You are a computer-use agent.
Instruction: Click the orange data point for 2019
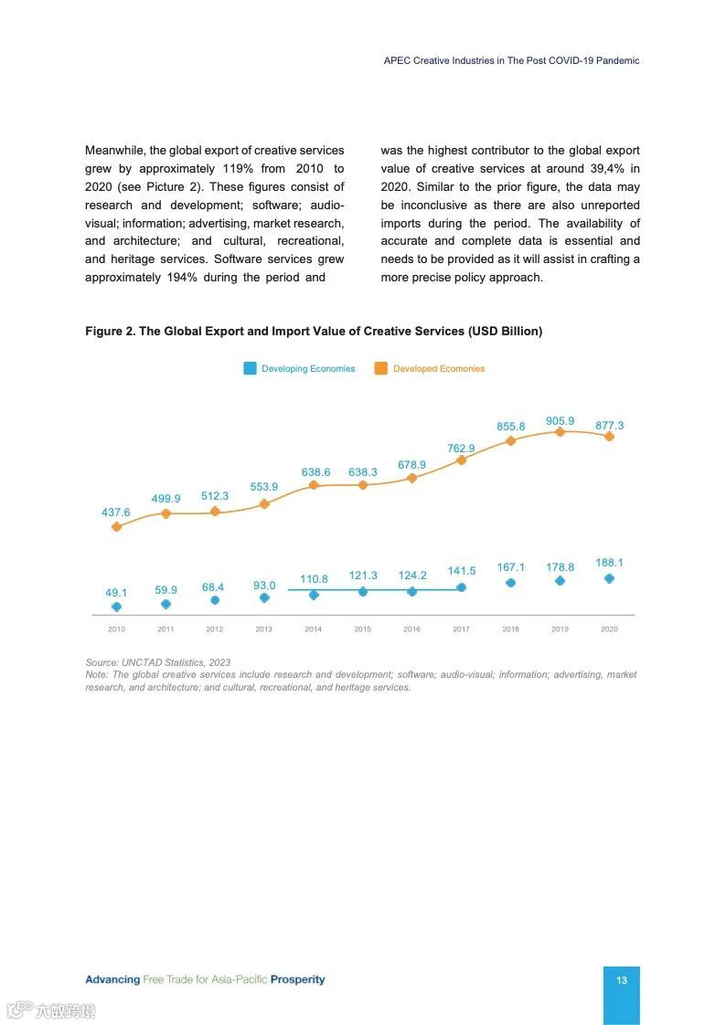click(x=560, y=431)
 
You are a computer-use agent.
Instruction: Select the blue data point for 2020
click(x=609, y=578)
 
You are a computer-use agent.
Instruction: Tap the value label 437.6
click(x=116, y=512)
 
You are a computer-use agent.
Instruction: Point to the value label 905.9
click(x=560, y=421)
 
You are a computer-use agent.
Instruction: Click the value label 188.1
click(x=609, y=563)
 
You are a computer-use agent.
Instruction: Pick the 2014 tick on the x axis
click(x=313, y=629)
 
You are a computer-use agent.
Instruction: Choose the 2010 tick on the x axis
click(x=116, y=629)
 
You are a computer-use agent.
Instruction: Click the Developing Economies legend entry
click(x=308, y=369)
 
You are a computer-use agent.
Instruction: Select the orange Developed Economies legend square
click(x=380, y=368)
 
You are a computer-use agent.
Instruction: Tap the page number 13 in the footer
click(x=622, y=980)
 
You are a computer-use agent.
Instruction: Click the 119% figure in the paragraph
click(x=240, y=168)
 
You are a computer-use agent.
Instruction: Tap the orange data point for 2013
click(x=264, y=503)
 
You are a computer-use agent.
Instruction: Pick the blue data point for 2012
click(x=215, y=600)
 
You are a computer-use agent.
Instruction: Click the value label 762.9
click(x=461, y=449)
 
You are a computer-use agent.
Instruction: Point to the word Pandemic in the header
click(x=618, y=60)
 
